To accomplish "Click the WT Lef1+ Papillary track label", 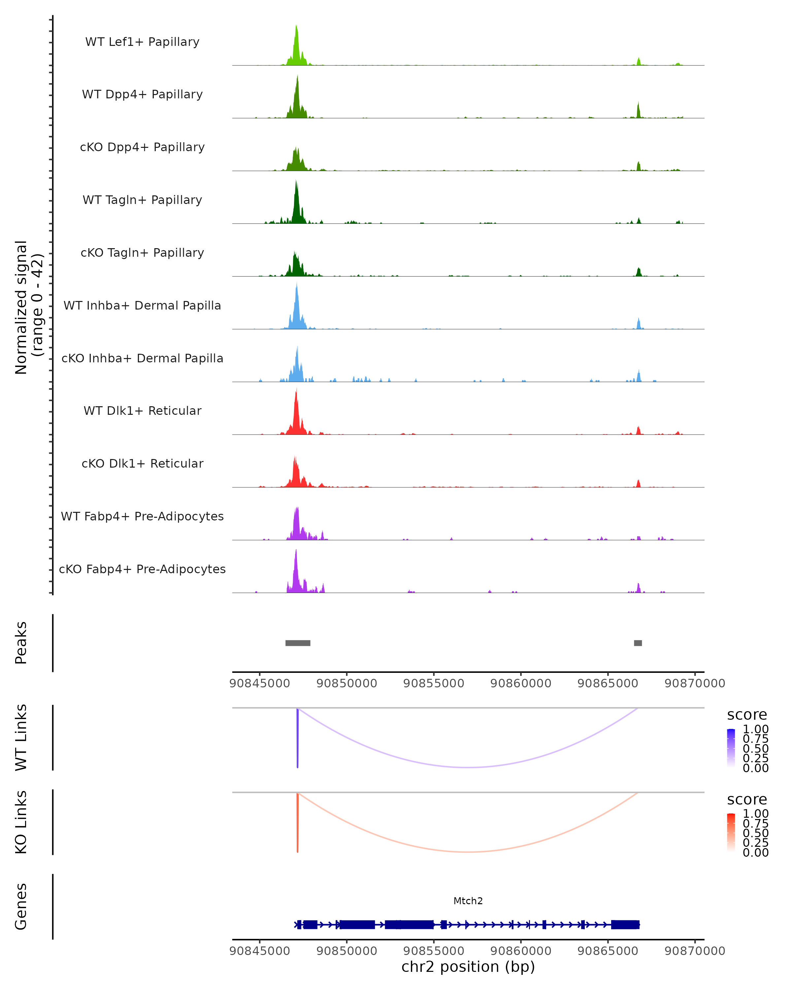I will (x=142, y=42).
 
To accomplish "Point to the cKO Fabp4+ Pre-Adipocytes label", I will (x=142, y=569).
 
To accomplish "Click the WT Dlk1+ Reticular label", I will (x=142, y=411).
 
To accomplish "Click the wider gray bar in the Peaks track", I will (x=298, y=643).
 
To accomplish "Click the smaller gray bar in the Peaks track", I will (x=638, y=643).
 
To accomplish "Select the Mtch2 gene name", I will (x=468, y=901).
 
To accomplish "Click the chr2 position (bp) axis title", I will (x=468, y=967).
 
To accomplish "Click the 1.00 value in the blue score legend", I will (x=755, y=729).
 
